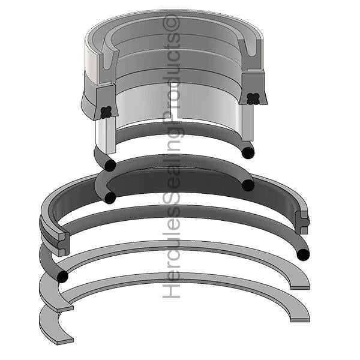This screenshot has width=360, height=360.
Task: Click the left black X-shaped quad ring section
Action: coord(107,110)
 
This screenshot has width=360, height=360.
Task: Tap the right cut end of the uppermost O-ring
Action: coord(248,152)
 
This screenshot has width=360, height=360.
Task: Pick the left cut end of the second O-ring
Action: coord(110,197)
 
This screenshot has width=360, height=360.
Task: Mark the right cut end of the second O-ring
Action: coord(248,185)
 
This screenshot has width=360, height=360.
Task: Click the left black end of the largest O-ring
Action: coord(61,276)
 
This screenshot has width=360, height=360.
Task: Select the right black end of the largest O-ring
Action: coord(304,254)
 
